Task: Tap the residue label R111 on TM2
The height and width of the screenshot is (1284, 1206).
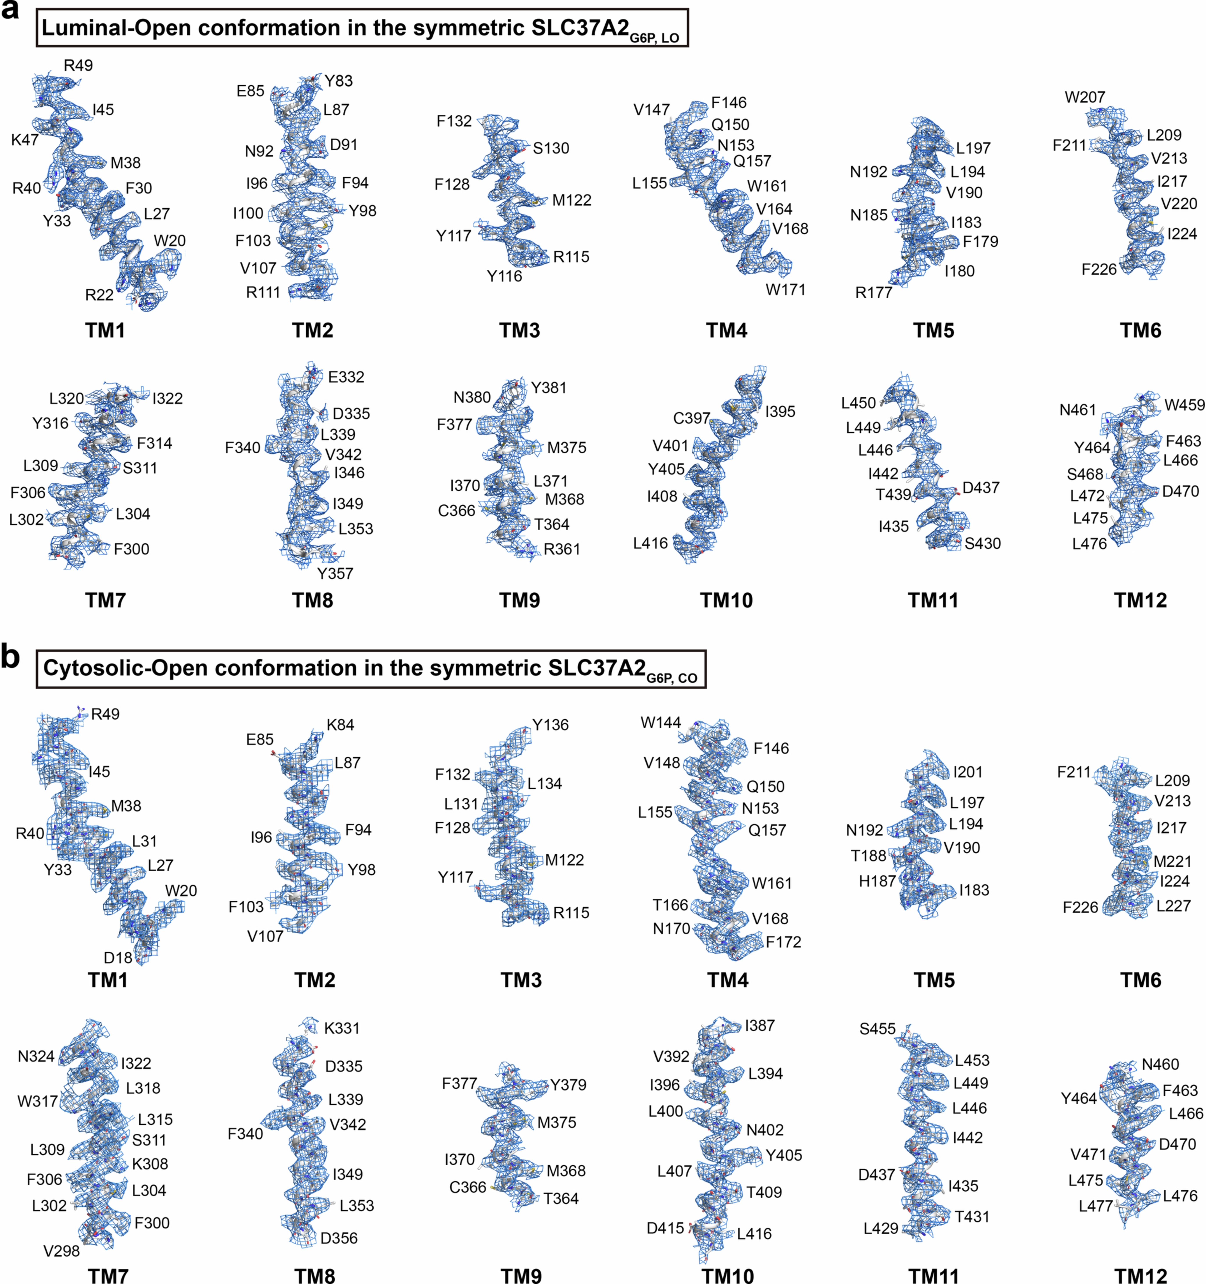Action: coord(263,292)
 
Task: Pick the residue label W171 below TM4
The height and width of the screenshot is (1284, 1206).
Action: coord(786,290)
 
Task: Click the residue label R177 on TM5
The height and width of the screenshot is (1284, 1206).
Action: coord(873,292)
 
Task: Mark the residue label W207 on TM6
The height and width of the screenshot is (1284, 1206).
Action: coord(1084,97)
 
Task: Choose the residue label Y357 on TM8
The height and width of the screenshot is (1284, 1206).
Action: coord(335,573)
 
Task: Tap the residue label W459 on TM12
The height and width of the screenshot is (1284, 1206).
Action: coord(1184,405)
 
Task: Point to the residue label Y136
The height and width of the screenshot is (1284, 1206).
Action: coord(550,725)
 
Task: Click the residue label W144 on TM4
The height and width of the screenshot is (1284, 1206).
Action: coord(660,723)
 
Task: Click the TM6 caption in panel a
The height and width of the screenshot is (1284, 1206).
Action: coord(1140,331)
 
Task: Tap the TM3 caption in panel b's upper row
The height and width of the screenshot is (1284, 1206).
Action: coord(521,980)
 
